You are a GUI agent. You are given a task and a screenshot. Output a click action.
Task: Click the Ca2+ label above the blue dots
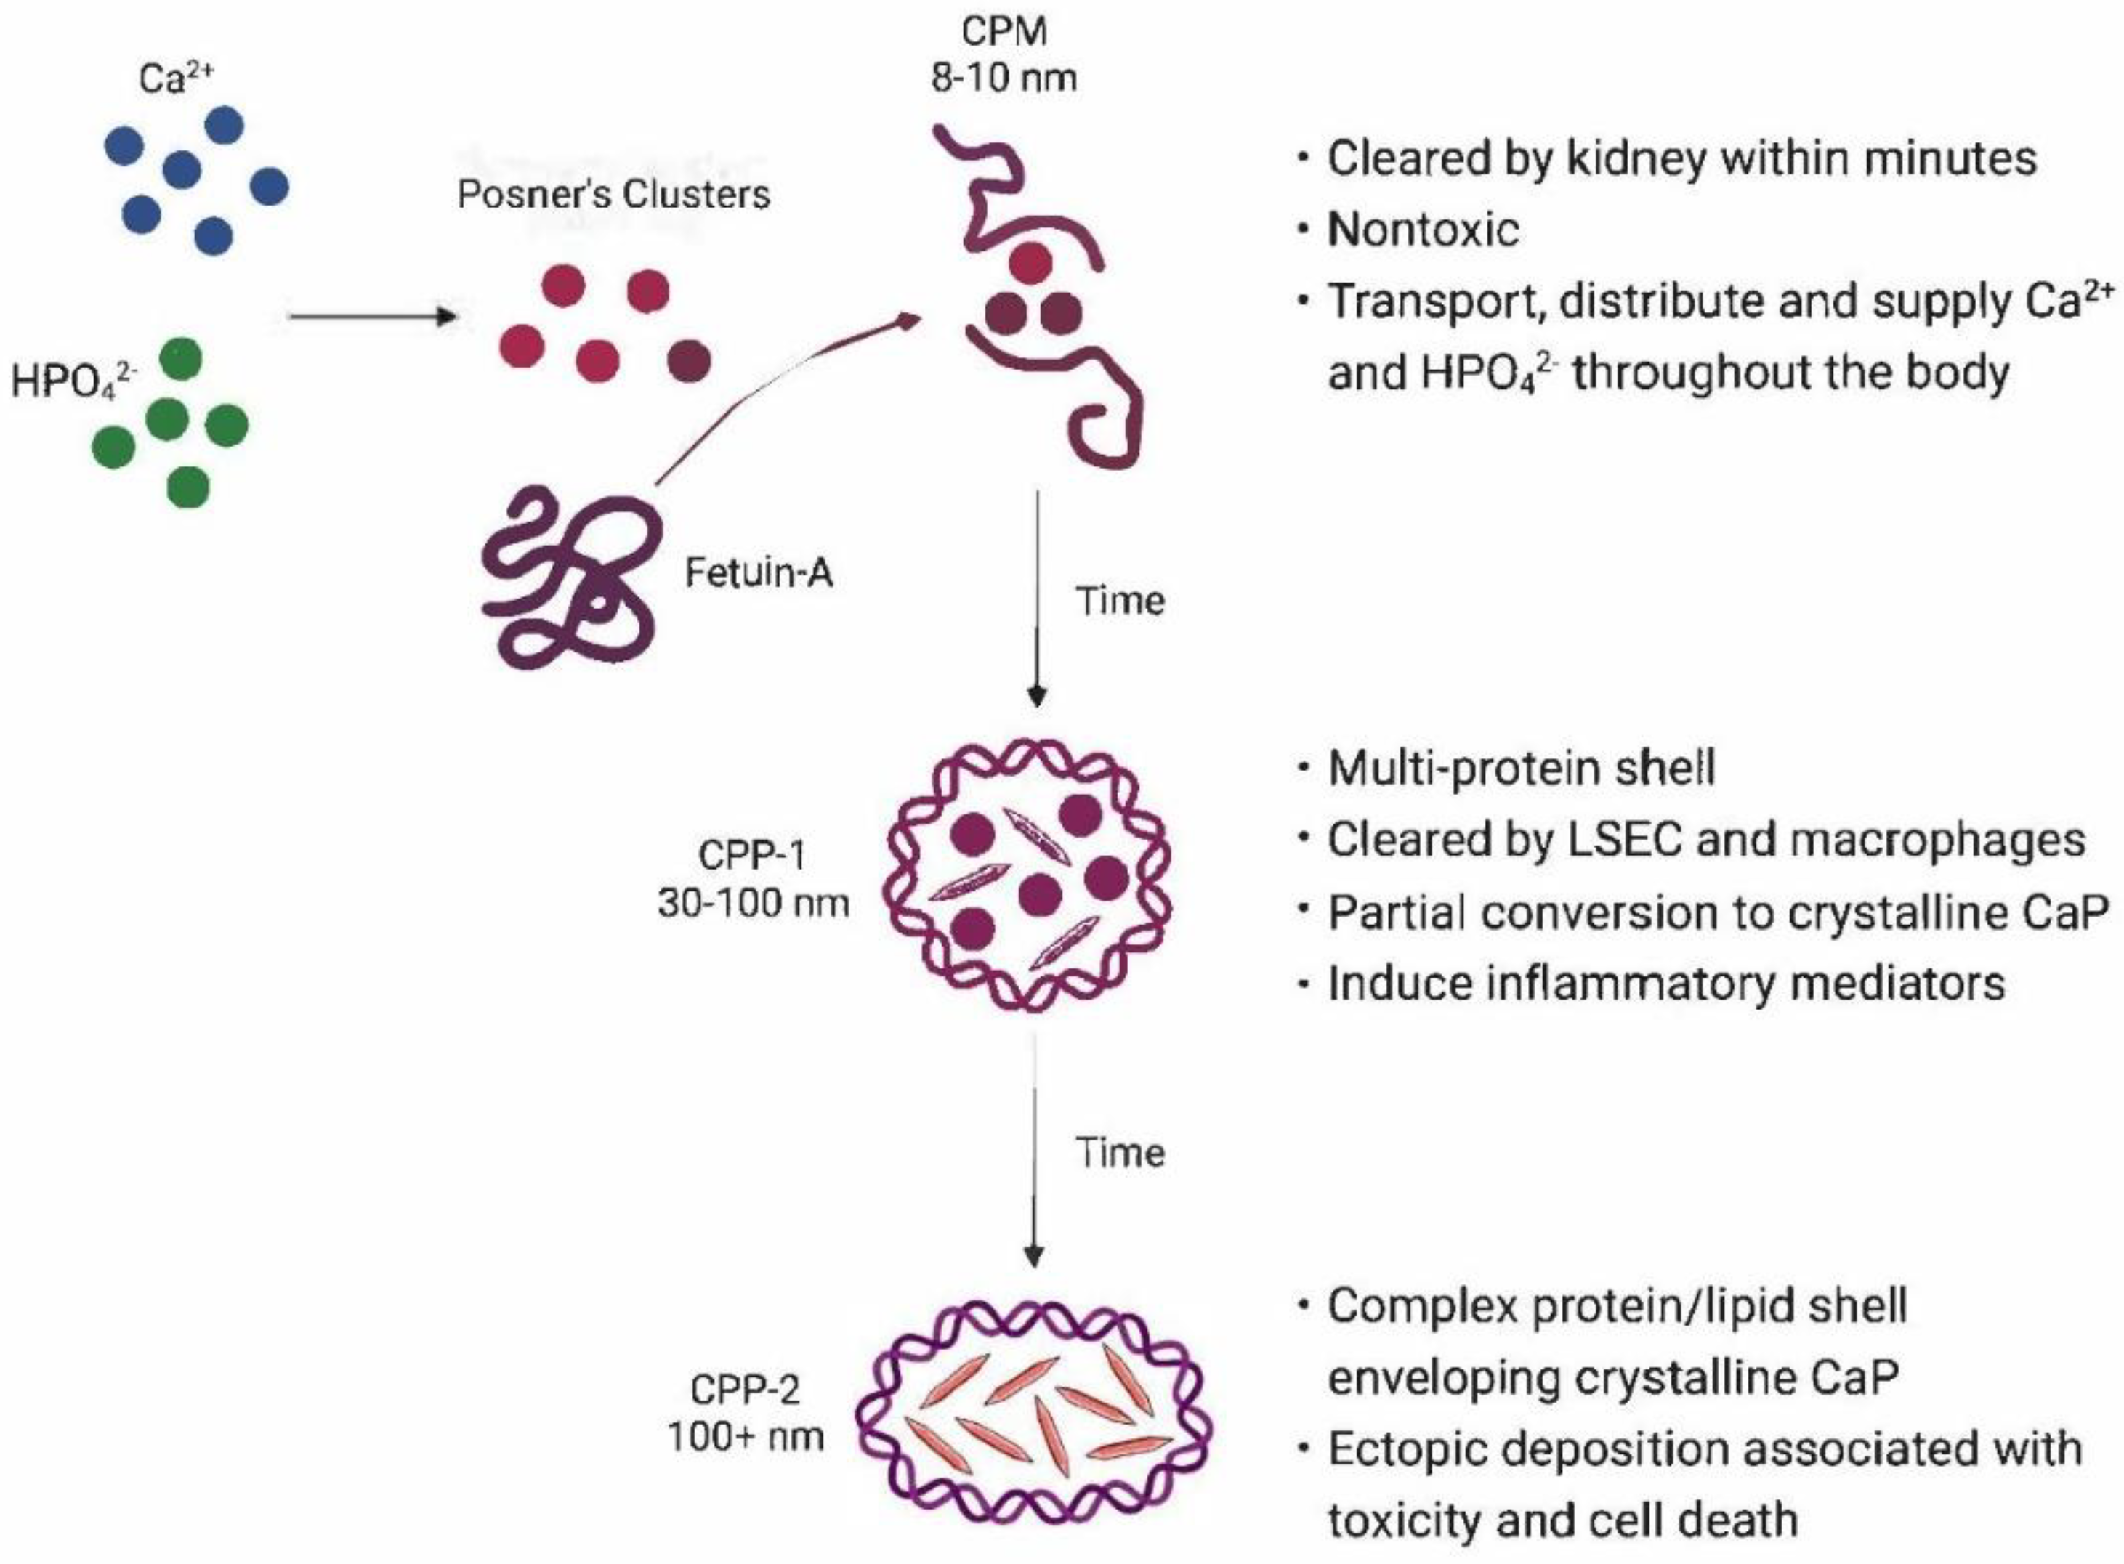176,78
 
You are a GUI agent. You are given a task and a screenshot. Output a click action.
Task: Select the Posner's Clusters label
613,195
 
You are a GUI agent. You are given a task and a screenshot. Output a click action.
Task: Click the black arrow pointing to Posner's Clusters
372,315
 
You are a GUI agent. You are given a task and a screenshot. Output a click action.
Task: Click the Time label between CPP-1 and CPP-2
1119,1153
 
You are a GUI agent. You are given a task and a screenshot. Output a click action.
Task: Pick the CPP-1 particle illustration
1027,876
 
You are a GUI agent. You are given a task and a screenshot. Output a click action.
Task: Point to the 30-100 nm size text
754,903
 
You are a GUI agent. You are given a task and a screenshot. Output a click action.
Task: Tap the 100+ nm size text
746,1437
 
